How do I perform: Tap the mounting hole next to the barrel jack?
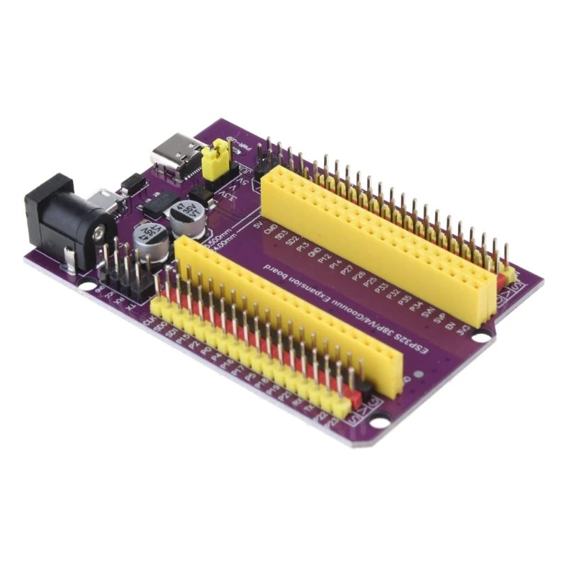coord(86,286)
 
